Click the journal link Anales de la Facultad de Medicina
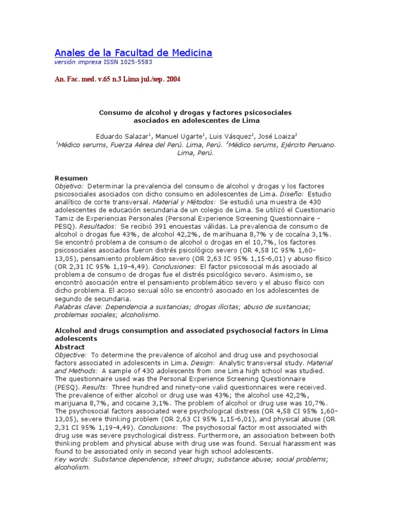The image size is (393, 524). point(133,53)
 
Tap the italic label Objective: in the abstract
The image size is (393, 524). point(71,355)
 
